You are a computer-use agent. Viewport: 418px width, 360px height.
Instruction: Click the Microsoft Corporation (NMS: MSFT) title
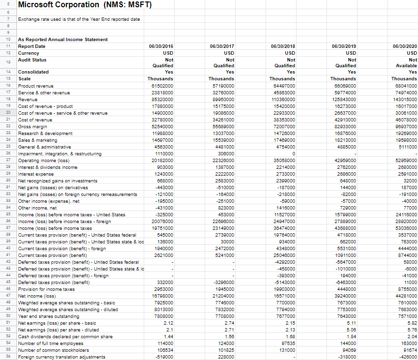85,5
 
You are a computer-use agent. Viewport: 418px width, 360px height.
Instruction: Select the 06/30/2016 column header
161,46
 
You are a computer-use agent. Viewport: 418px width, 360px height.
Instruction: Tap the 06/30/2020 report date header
405,46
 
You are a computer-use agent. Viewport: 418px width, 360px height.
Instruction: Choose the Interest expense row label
36,174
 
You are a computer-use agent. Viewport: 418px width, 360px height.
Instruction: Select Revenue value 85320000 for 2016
161,99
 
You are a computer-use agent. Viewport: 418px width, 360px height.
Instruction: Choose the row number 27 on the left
8,160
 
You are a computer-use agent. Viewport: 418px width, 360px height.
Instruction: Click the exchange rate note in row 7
79,19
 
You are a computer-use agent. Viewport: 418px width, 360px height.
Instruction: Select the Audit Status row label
32,60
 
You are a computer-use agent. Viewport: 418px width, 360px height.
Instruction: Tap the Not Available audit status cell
406,62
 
